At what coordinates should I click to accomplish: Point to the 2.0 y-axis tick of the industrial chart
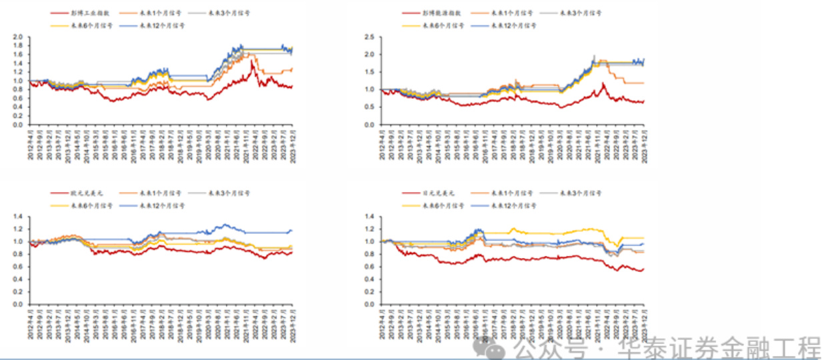tap(19, 37)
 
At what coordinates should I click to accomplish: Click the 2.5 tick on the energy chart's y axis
tap(369, 37)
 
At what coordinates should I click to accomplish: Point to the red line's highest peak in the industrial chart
tap(252, 61)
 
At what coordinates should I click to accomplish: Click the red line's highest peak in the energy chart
tap(603, 83)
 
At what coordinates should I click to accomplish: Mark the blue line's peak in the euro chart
tap(225, 224)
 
